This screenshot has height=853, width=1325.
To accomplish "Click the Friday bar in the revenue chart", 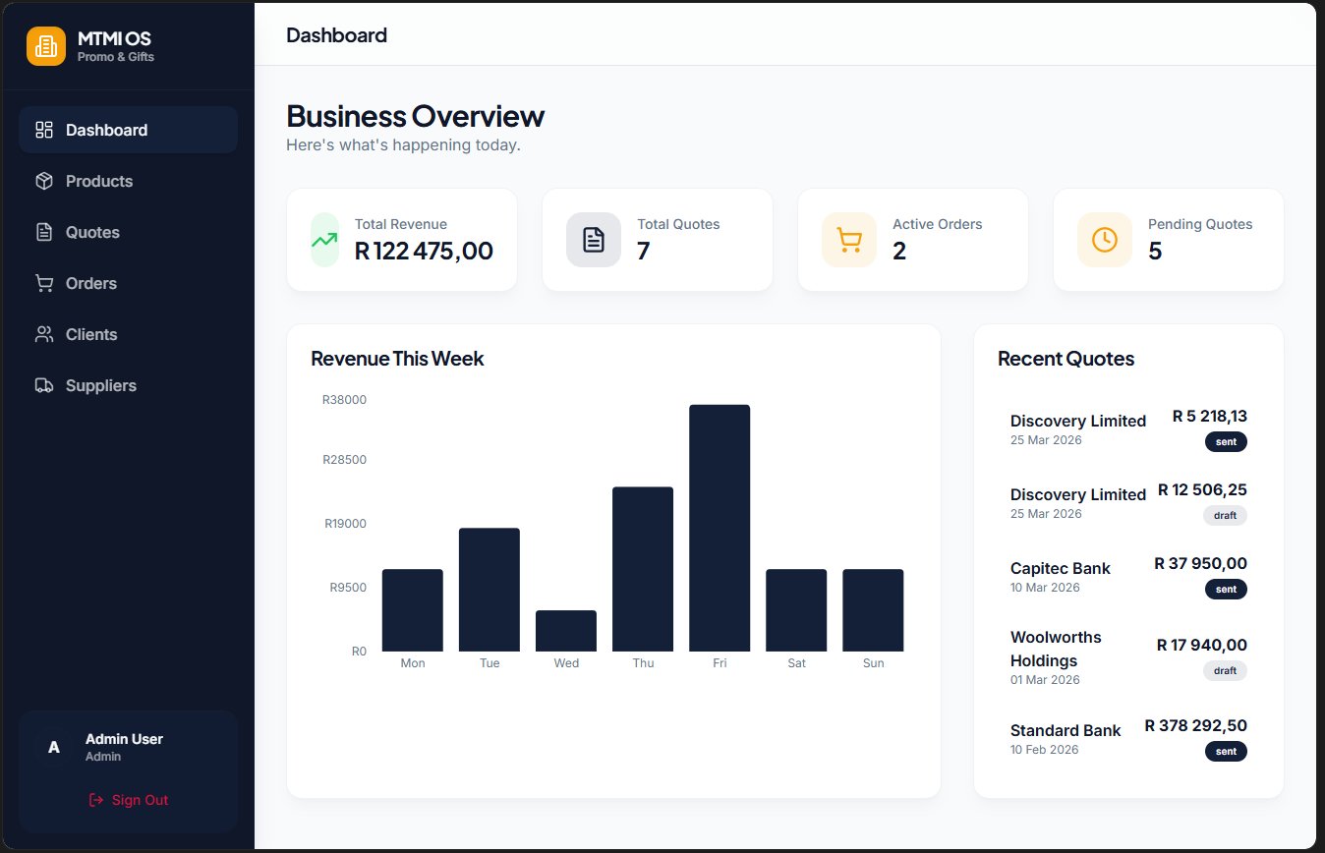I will [x=720, y=528].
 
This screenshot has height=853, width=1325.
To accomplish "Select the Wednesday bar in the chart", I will [x=566, y=631].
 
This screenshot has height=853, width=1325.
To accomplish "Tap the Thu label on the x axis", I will [x=643, y=663].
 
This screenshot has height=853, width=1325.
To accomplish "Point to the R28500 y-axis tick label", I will [x=344, y=460].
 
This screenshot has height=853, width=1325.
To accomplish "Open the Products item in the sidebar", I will [x=99, y=181].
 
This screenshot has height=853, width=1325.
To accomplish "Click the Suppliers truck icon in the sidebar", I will [x=44, y=385].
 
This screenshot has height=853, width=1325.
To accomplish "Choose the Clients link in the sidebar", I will [x=91, y=334].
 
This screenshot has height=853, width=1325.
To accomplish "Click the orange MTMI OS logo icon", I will [x=46, y=46].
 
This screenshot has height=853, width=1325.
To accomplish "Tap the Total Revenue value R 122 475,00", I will [x=424, y=252].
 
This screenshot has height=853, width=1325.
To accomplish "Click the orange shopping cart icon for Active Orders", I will [x=848, y=240].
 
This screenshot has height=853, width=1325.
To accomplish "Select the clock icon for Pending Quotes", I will [x=1104, y=240].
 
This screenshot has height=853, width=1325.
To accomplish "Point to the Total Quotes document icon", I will [x=594, y=240].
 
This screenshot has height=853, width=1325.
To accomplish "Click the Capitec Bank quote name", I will [x=1060, y=568].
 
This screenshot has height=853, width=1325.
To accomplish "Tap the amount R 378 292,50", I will [x=1195, y=726].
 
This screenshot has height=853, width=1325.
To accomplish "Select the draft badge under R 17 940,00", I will [x=1225, y=671].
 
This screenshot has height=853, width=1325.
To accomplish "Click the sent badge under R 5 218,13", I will [x=1226, y=442].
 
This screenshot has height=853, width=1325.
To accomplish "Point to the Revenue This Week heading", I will [x=397, y=359].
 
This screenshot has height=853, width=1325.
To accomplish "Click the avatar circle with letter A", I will [x=54, y=748].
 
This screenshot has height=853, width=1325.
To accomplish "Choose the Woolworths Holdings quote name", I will [x=1056, y=649].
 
